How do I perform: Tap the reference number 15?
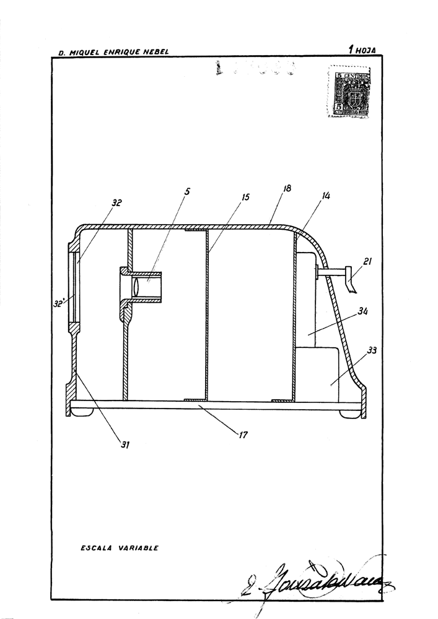click(x=245, y=197)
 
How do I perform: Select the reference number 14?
click(x=326, y=196)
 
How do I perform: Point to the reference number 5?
click(x=187, y=191)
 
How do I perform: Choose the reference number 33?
click(x=372, y=350)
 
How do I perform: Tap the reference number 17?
click(x=243, y=435)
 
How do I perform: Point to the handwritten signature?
click(x=316, y=579)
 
